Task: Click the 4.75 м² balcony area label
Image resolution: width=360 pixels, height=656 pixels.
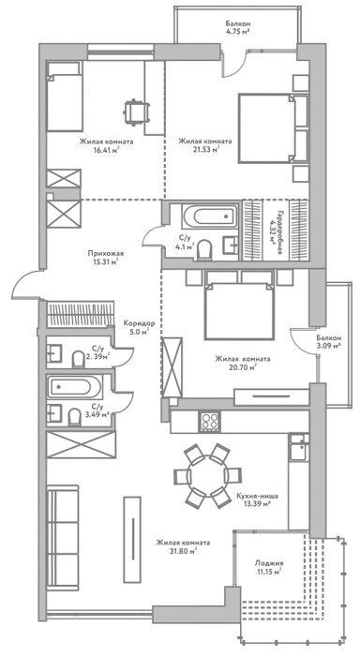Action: click(x=237, y=31)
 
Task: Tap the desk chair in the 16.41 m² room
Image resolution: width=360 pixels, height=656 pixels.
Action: click(x=136, y=111)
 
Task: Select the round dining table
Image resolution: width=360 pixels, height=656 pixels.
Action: click(x=207, y=476)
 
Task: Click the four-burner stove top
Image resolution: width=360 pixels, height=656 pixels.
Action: click(x=209, y=421)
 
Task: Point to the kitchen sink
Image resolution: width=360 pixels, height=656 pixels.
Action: click(x=299, y=448)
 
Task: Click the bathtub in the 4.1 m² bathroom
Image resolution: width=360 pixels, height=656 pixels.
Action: click(x=209, y=216)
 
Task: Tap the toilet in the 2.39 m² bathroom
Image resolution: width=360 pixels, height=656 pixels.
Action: click(x=78, y=359)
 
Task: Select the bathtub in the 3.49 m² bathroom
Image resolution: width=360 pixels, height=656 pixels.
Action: click(x=74, y=387)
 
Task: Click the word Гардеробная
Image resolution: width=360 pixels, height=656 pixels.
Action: click(x=278, y=231)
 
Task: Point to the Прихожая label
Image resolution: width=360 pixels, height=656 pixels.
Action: click(x=106, y=253)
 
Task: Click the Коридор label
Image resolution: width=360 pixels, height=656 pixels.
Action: click(x=140, y=323)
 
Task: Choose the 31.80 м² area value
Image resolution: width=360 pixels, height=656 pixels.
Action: click(x=183, y=551)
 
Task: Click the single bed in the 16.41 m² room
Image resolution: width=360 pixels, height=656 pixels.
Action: click(x=64, y=97)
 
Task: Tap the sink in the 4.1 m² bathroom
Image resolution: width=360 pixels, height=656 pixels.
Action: click(x=230, y=245)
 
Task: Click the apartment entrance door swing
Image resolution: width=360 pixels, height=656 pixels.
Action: click(x=25, y=285)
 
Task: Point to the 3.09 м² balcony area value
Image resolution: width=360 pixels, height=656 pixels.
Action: click(x=328, y=346)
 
